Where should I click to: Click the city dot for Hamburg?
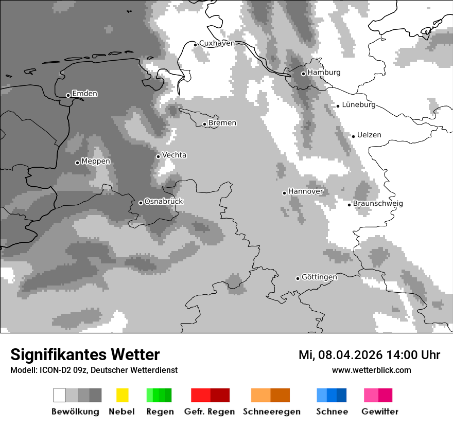pyautogui.click(x=303, y=74)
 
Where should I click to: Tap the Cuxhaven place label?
pyautogui.click(x=217, y=43)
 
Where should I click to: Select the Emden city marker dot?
pyautogui.click(x=68, y=95)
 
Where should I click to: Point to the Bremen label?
pyautogui.click(x=222, y=123)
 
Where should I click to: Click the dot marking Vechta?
pyautogui.click(x=158, y=156)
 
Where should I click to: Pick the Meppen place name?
pyautogui.click(x=96, y=162)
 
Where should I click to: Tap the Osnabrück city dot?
pyautogui.click(x=141, y=203)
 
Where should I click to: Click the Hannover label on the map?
pyautogui.click(x=306, y=191)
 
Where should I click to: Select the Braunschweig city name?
pyautogui.click(x=378, y=204)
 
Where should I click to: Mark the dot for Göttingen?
pyautogui.click(x=298, y=278)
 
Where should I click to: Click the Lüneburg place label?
pyautogui.click(x=359, y=105)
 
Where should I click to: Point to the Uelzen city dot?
pyautogui.click(x=353, y=136)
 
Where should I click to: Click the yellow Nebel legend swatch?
pyautogui.click(x=122, y=395)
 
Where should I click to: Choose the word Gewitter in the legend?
pyautogui.click(x=380, y=412)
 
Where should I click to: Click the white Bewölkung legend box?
pyautogui.click(x=59, y=395)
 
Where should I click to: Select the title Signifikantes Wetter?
pyautogui.click(x=85, y=354)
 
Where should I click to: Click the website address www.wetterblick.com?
pyautogui.click(x=372, y=370)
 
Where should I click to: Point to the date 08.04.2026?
pyautogui.click(x=351, y=355)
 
